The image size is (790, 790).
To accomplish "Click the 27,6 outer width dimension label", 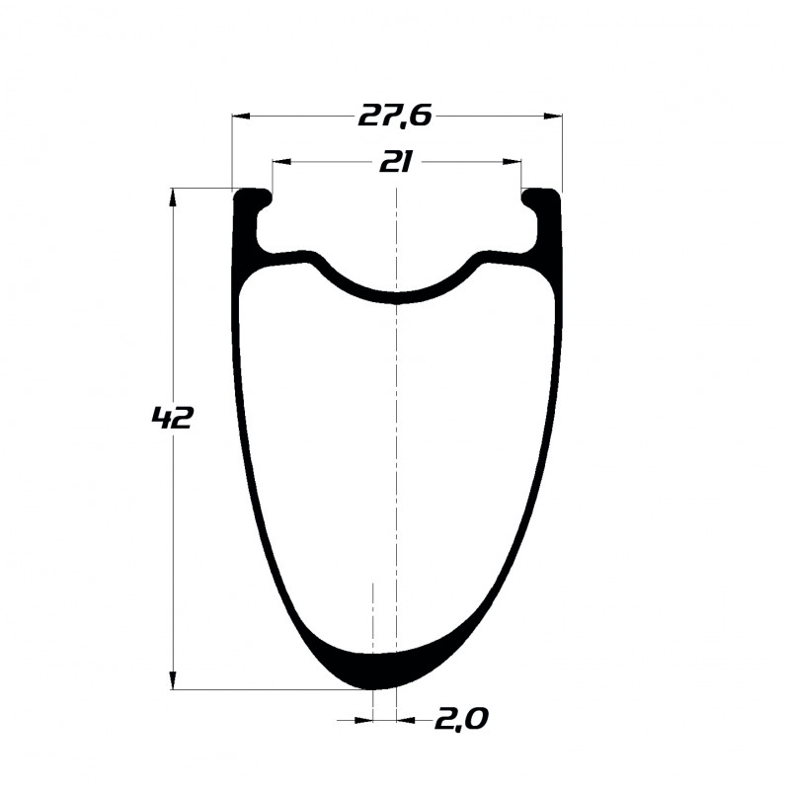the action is point(395,117).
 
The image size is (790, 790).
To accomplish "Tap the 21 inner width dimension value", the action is point(396,163).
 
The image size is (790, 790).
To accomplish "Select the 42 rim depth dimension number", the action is point(172,418).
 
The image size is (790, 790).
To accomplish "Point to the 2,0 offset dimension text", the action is point(461,720).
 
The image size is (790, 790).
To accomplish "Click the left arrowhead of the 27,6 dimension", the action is point(241,117).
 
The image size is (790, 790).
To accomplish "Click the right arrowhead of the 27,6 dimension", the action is point(553,117).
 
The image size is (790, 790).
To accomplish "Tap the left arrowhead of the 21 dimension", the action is point(281,162).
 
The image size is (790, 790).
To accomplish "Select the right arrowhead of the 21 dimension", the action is point(512,162).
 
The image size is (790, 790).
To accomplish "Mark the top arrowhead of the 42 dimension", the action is point(173,197).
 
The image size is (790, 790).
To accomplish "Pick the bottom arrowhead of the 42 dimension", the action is point(173,679).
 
